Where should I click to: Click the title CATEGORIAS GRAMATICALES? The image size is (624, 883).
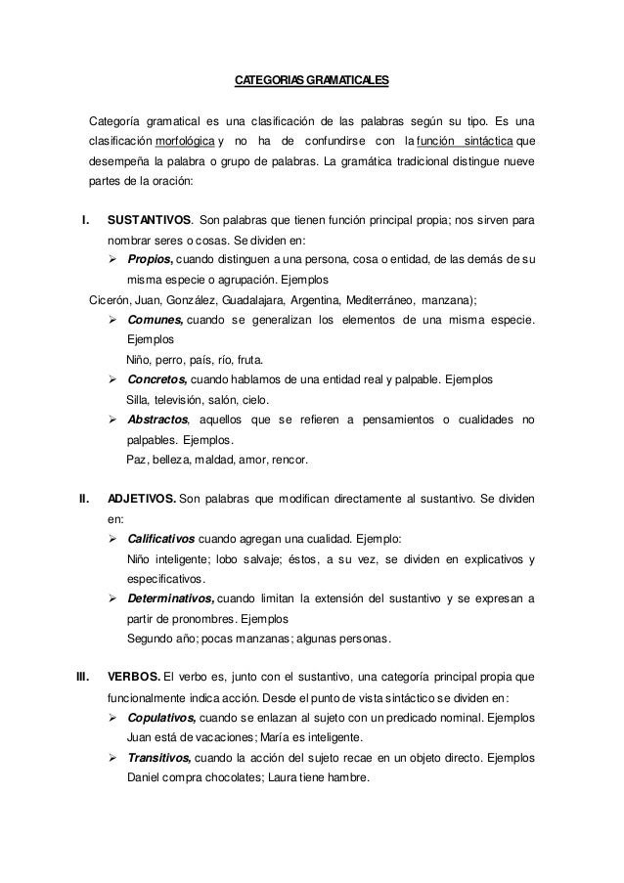coord(312,79)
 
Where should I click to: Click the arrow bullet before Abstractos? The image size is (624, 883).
coord(114,419)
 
